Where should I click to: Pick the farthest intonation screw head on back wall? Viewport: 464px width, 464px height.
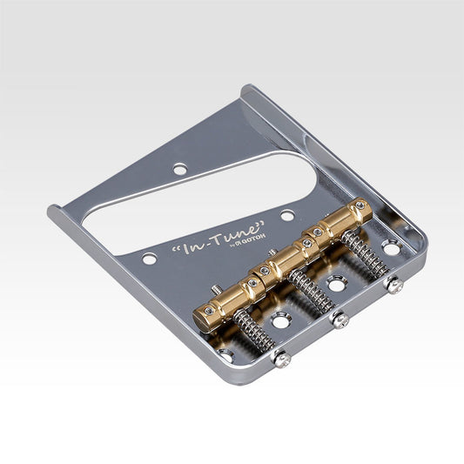395,284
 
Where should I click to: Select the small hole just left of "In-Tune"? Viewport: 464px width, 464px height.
150,259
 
